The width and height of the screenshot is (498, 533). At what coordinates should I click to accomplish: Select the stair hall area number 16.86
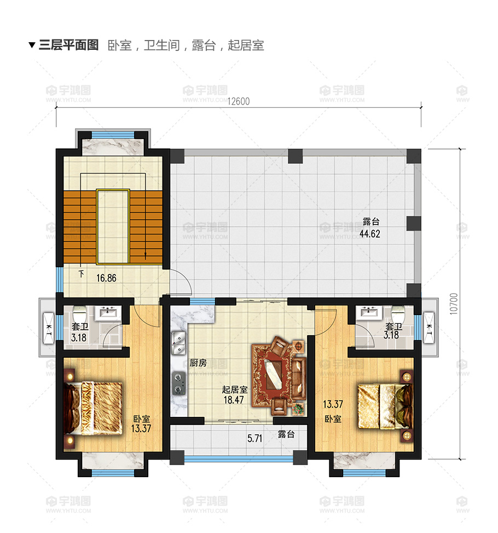(106, 278)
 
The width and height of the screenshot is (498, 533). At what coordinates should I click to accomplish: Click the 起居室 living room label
(235, 389)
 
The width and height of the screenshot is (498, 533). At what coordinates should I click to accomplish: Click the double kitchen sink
(178, 343)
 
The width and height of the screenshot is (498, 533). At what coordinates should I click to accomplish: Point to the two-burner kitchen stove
(178, 383)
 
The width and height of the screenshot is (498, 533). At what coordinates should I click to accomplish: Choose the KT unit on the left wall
(48, 328)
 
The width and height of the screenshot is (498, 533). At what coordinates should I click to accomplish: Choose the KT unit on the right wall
(430, 328)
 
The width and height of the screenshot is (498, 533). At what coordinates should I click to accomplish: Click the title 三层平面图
(68, 45)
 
